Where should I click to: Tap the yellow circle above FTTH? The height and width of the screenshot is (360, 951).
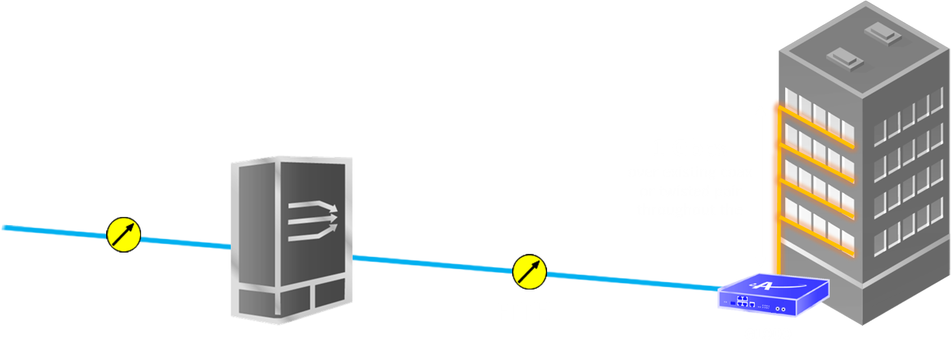(x=529, y=271)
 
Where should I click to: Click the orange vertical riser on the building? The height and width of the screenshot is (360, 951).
(x=774, y=192)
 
